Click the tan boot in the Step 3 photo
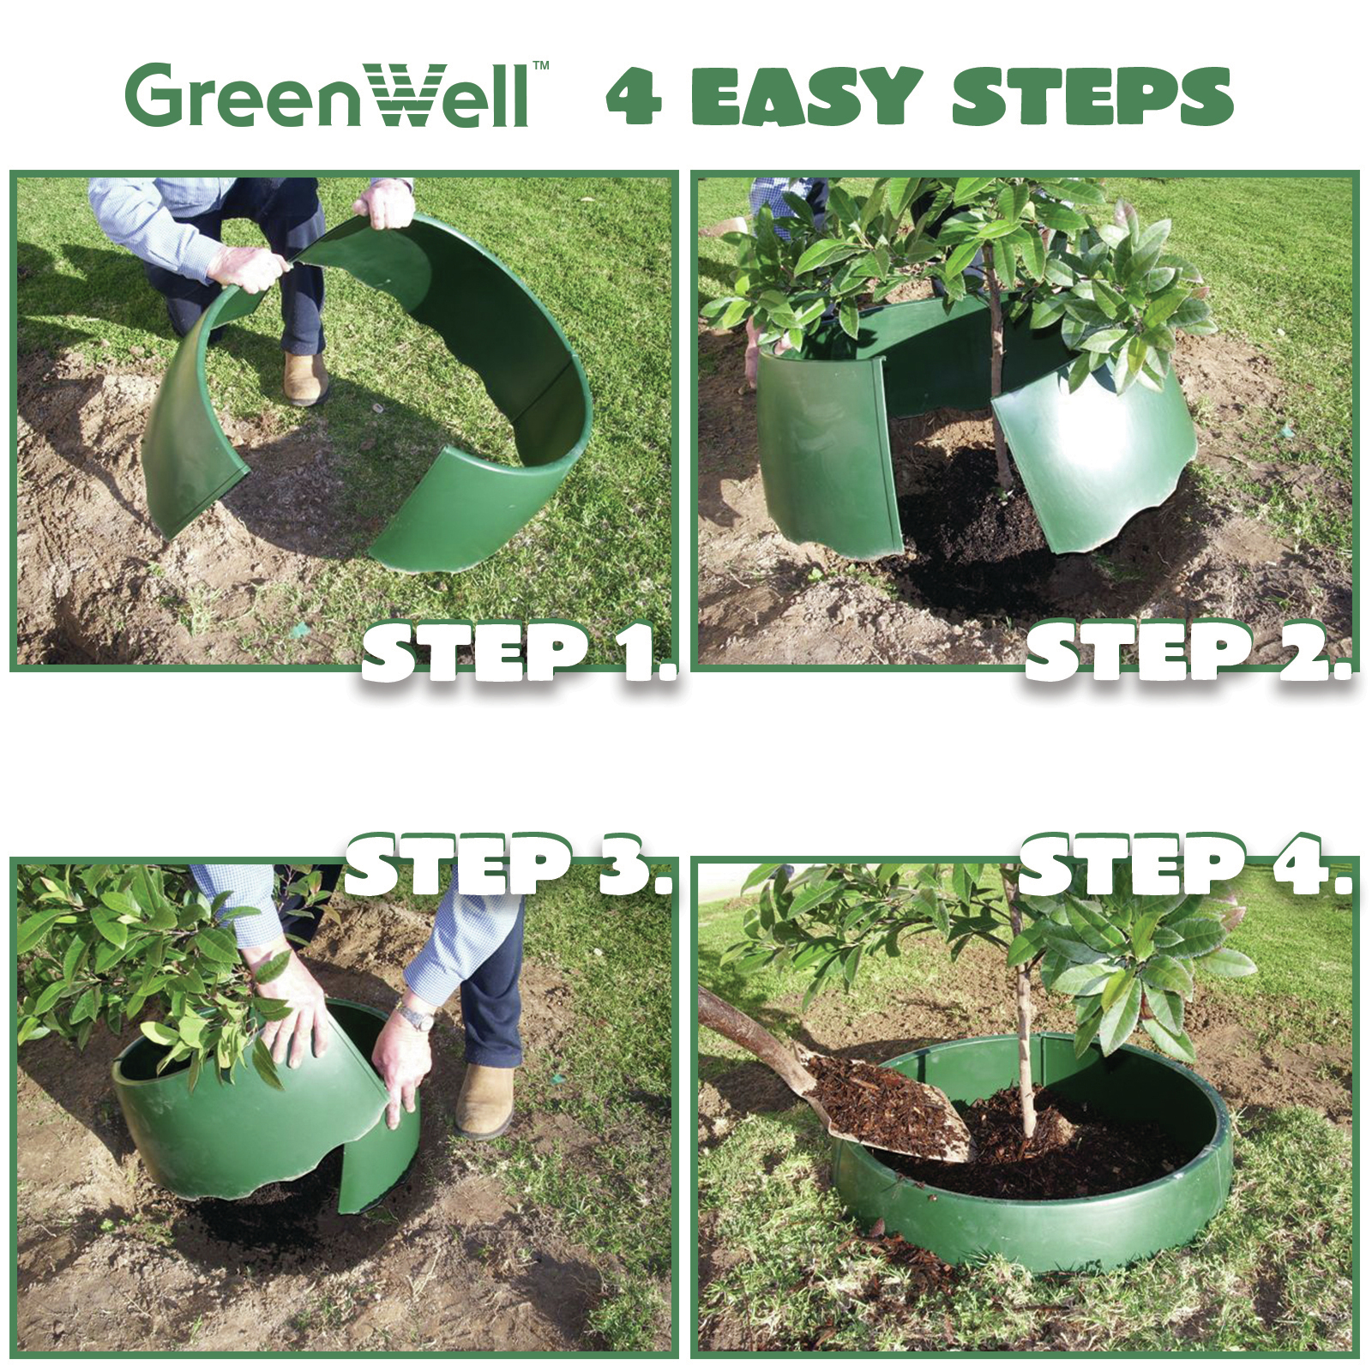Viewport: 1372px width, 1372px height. point(484,1101)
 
